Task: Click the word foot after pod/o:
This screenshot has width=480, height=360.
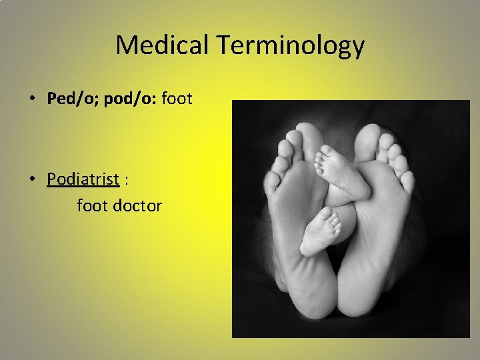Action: (x=176, y=99)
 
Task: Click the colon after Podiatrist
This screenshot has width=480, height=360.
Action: (x=126, y=179)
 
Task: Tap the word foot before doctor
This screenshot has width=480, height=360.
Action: (x=92, y=205)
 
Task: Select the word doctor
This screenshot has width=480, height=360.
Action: (x=137, y=205)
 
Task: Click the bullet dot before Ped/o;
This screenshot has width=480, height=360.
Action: (x=32, y=99)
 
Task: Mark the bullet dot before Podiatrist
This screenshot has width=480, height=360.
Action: (x=32, y=179)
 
